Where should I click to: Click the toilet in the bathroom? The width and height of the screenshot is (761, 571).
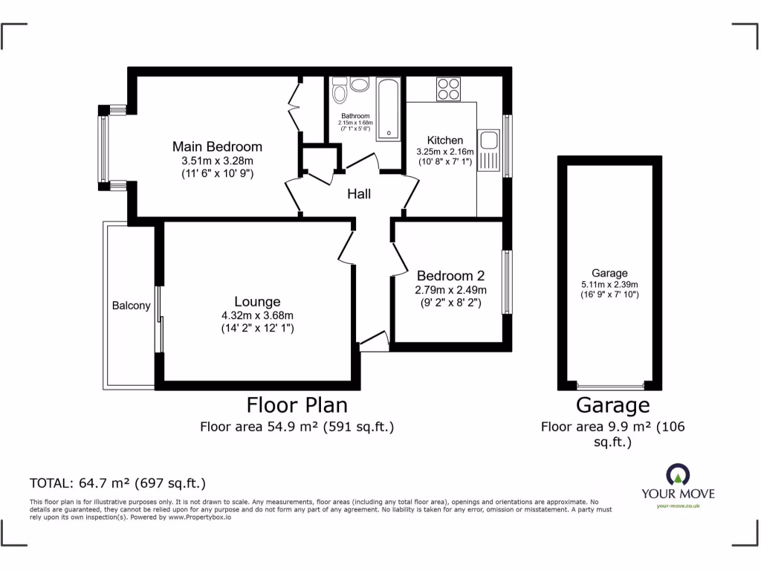coord(340,93)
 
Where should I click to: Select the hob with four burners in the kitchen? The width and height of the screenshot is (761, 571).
coord(448,89)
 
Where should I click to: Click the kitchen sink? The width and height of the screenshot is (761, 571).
coord(490,149)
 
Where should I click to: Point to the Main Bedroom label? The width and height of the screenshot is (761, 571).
coord(217,146)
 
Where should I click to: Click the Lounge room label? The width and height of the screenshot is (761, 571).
coord(257,302)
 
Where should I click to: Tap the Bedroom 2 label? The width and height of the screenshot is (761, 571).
coord(450,275)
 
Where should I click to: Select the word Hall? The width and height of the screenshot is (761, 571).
coord(360,194)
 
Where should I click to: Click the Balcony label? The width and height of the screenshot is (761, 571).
coord(131,306)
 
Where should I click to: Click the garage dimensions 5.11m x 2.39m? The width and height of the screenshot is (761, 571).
coord(609,284)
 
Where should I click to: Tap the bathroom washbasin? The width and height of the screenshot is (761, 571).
coord(360,85)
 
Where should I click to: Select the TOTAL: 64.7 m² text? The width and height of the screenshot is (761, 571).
coord(117,483)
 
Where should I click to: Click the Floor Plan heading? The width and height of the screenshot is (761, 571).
coord(297,405)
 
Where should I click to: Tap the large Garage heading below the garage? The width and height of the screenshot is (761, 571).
coord(612,405)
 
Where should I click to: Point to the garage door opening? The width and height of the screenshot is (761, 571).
coord(611,386)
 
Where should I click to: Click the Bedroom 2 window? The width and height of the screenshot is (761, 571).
coord(506,282)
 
